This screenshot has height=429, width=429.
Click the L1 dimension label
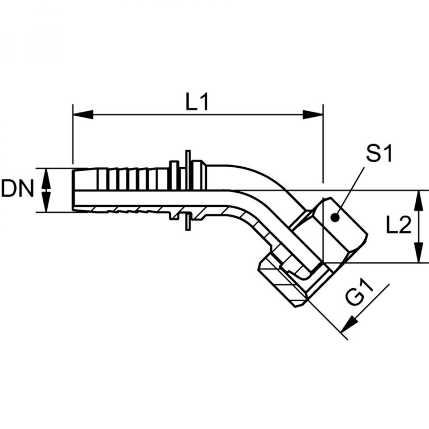[x=197, y=102]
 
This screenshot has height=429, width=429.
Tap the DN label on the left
[x=18, y=189]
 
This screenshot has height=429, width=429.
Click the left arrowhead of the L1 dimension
[x=83, y=115]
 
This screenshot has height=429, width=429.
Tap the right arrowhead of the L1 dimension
[x=312, y=115]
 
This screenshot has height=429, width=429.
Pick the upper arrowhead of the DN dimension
[x=47, y=176]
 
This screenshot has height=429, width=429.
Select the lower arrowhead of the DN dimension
[x=47, y=203]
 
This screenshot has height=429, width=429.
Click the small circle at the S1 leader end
[x=335, y=218]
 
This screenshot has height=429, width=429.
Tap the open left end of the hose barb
[x=74, y=189]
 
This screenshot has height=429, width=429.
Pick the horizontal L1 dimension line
[x=197, y=115]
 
